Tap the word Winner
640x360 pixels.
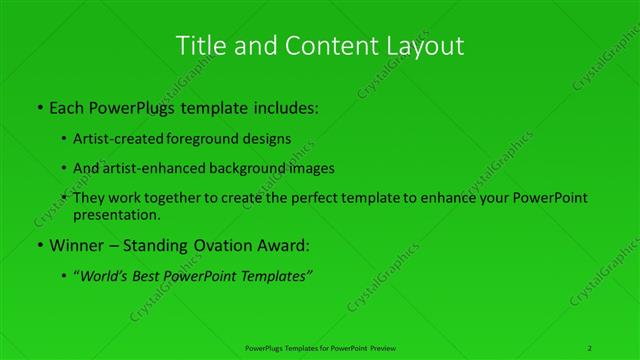pos(76,244)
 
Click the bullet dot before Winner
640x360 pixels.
pos(38,245)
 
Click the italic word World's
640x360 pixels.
pos(105,276)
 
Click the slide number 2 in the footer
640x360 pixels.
pos(589,347)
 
